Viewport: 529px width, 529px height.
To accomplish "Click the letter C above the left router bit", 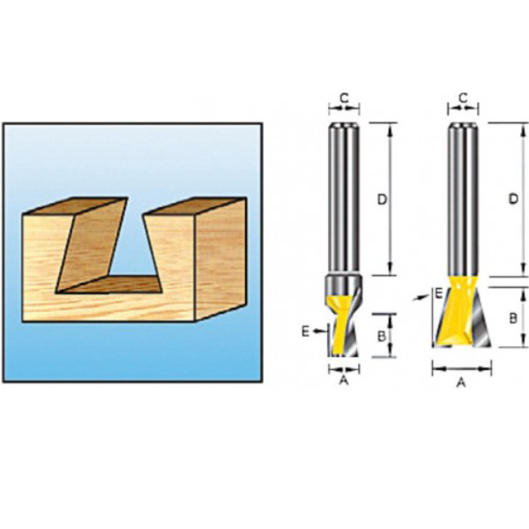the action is click(x=344, y=98).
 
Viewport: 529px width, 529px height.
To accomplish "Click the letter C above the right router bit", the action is click(x=463, y=98).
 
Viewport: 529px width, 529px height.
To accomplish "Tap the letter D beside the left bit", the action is click(x=382, y=200).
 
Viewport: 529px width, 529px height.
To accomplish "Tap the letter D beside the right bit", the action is click(x=513, y=199).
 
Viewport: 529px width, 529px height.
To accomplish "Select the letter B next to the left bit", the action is click(x=382, y=336).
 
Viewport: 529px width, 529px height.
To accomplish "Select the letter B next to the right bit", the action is click(x=513, y=317).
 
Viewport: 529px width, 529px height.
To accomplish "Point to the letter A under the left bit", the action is click(x=344, y=380).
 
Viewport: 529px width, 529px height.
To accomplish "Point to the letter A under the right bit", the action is click(x=461, y=383).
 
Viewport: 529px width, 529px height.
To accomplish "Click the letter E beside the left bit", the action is click(x=305, y=332).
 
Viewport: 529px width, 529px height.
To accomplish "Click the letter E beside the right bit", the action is click(x=438, y=294).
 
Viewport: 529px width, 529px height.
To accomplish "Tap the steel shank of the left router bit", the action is click(x=344, y=198).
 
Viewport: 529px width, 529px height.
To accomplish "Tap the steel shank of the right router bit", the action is click(x=463, y=199).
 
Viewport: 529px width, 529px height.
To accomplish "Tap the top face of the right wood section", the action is click(x=195, y=206).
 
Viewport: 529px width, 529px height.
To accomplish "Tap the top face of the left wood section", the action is click(x=75, y=206).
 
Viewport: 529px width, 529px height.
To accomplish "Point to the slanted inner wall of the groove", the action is click(x=92, y=244).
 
